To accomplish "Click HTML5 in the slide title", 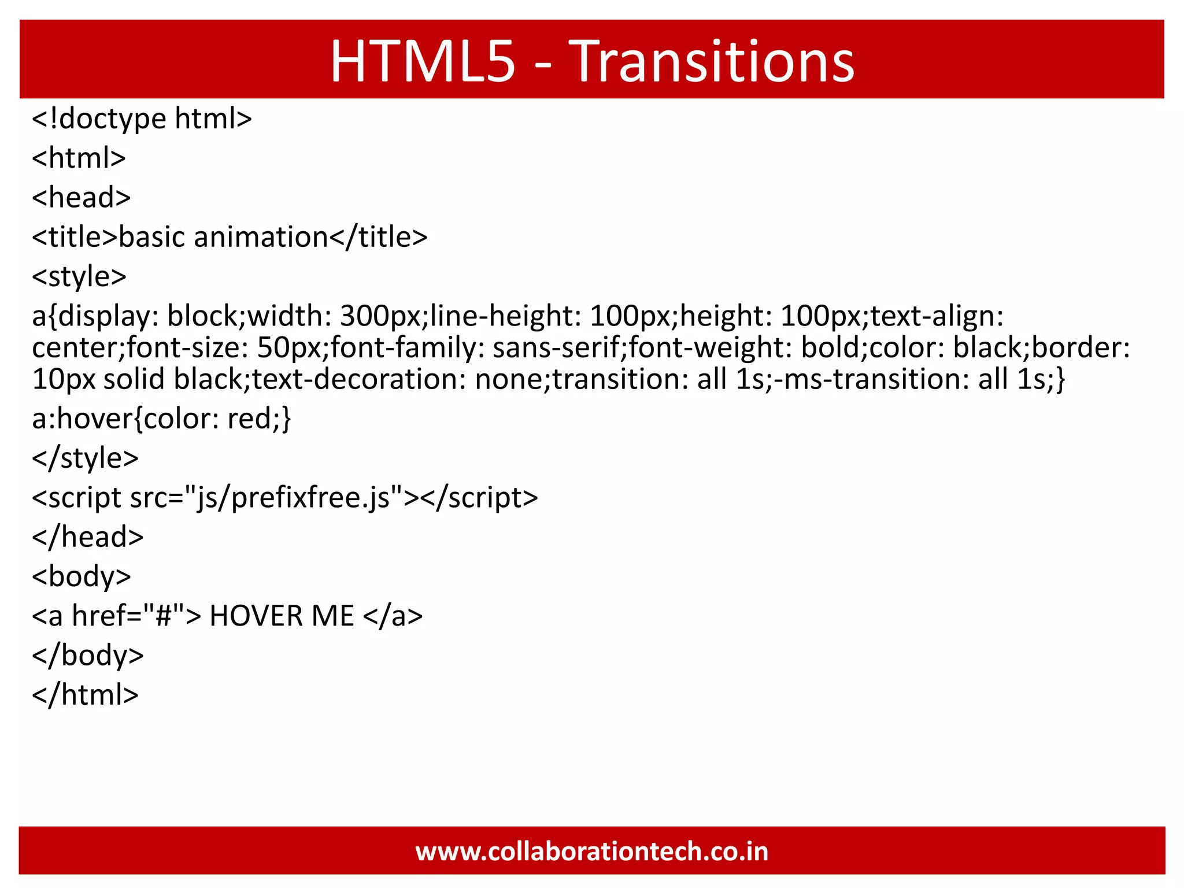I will [423, 61].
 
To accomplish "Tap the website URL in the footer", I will [592, 852].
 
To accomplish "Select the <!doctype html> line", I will [142, 119].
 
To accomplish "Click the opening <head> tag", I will [82, 198].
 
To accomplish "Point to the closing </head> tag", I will [88, 537].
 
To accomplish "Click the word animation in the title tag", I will [261, 237].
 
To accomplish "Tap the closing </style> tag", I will [86, 458].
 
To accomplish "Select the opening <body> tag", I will [82, 577].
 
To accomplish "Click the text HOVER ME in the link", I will [282, 616].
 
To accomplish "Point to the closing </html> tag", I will [86, 695].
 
